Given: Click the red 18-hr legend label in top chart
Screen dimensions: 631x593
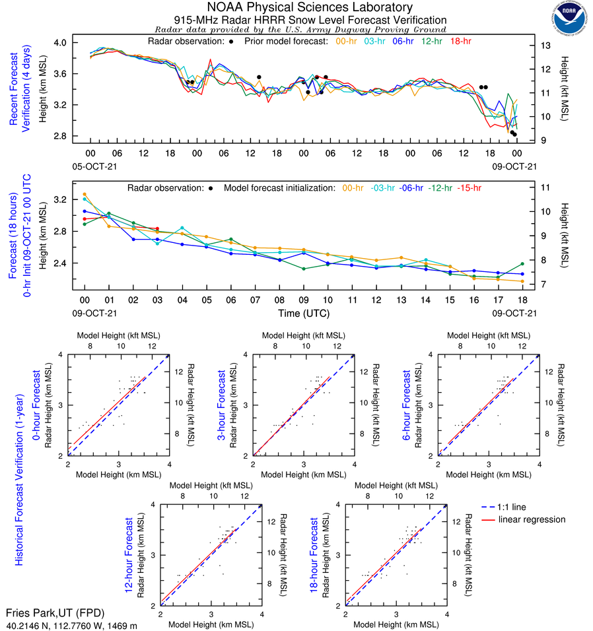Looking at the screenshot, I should (x=460, y=42).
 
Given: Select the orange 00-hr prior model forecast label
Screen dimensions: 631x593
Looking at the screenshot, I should (x=347, y=42).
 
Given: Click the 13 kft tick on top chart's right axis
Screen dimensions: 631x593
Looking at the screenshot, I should (x=545, y=46).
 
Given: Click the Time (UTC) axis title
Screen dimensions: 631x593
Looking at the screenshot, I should (x=303, y=313).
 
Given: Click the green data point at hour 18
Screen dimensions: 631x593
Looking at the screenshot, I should (x=522, y=264).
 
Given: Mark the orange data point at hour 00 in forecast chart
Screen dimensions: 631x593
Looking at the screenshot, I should (x=84, y=194).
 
